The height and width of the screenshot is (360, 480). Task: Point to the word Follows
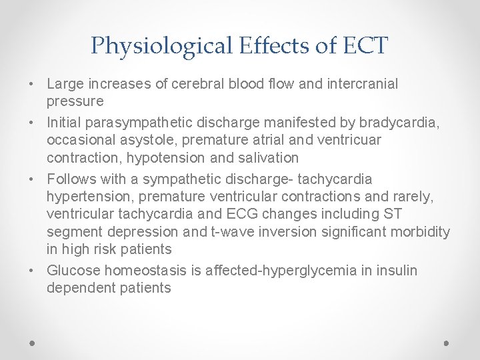tap(68, 179)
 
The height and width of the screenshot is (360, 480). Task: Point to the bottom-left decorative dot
tap(32, 343)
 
